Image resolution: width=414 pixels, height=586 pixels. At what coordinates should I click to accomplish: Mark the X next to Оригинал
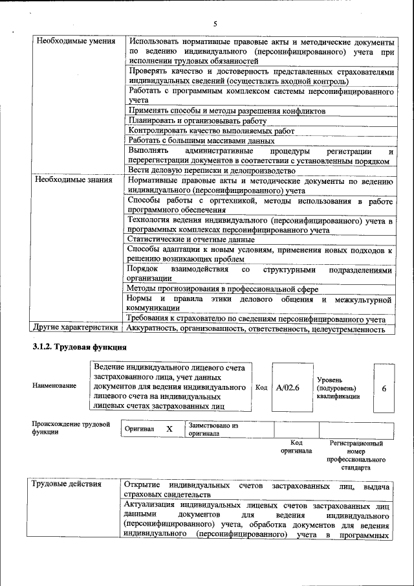tap(169, 429)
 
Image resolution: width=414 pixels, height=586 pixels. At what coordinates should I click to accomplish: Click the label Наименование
tap(54, 386)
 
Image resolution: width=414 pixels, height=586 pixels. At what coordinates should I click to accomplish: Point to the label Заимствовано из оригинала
tap(213, 430)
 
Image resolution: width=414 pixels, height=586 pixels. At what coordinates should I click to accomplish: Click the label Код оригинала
tap(296, 446)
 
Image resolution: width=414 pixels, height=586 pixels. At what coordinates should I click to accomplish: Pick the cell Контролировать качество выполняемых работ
tap(201, 130)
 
